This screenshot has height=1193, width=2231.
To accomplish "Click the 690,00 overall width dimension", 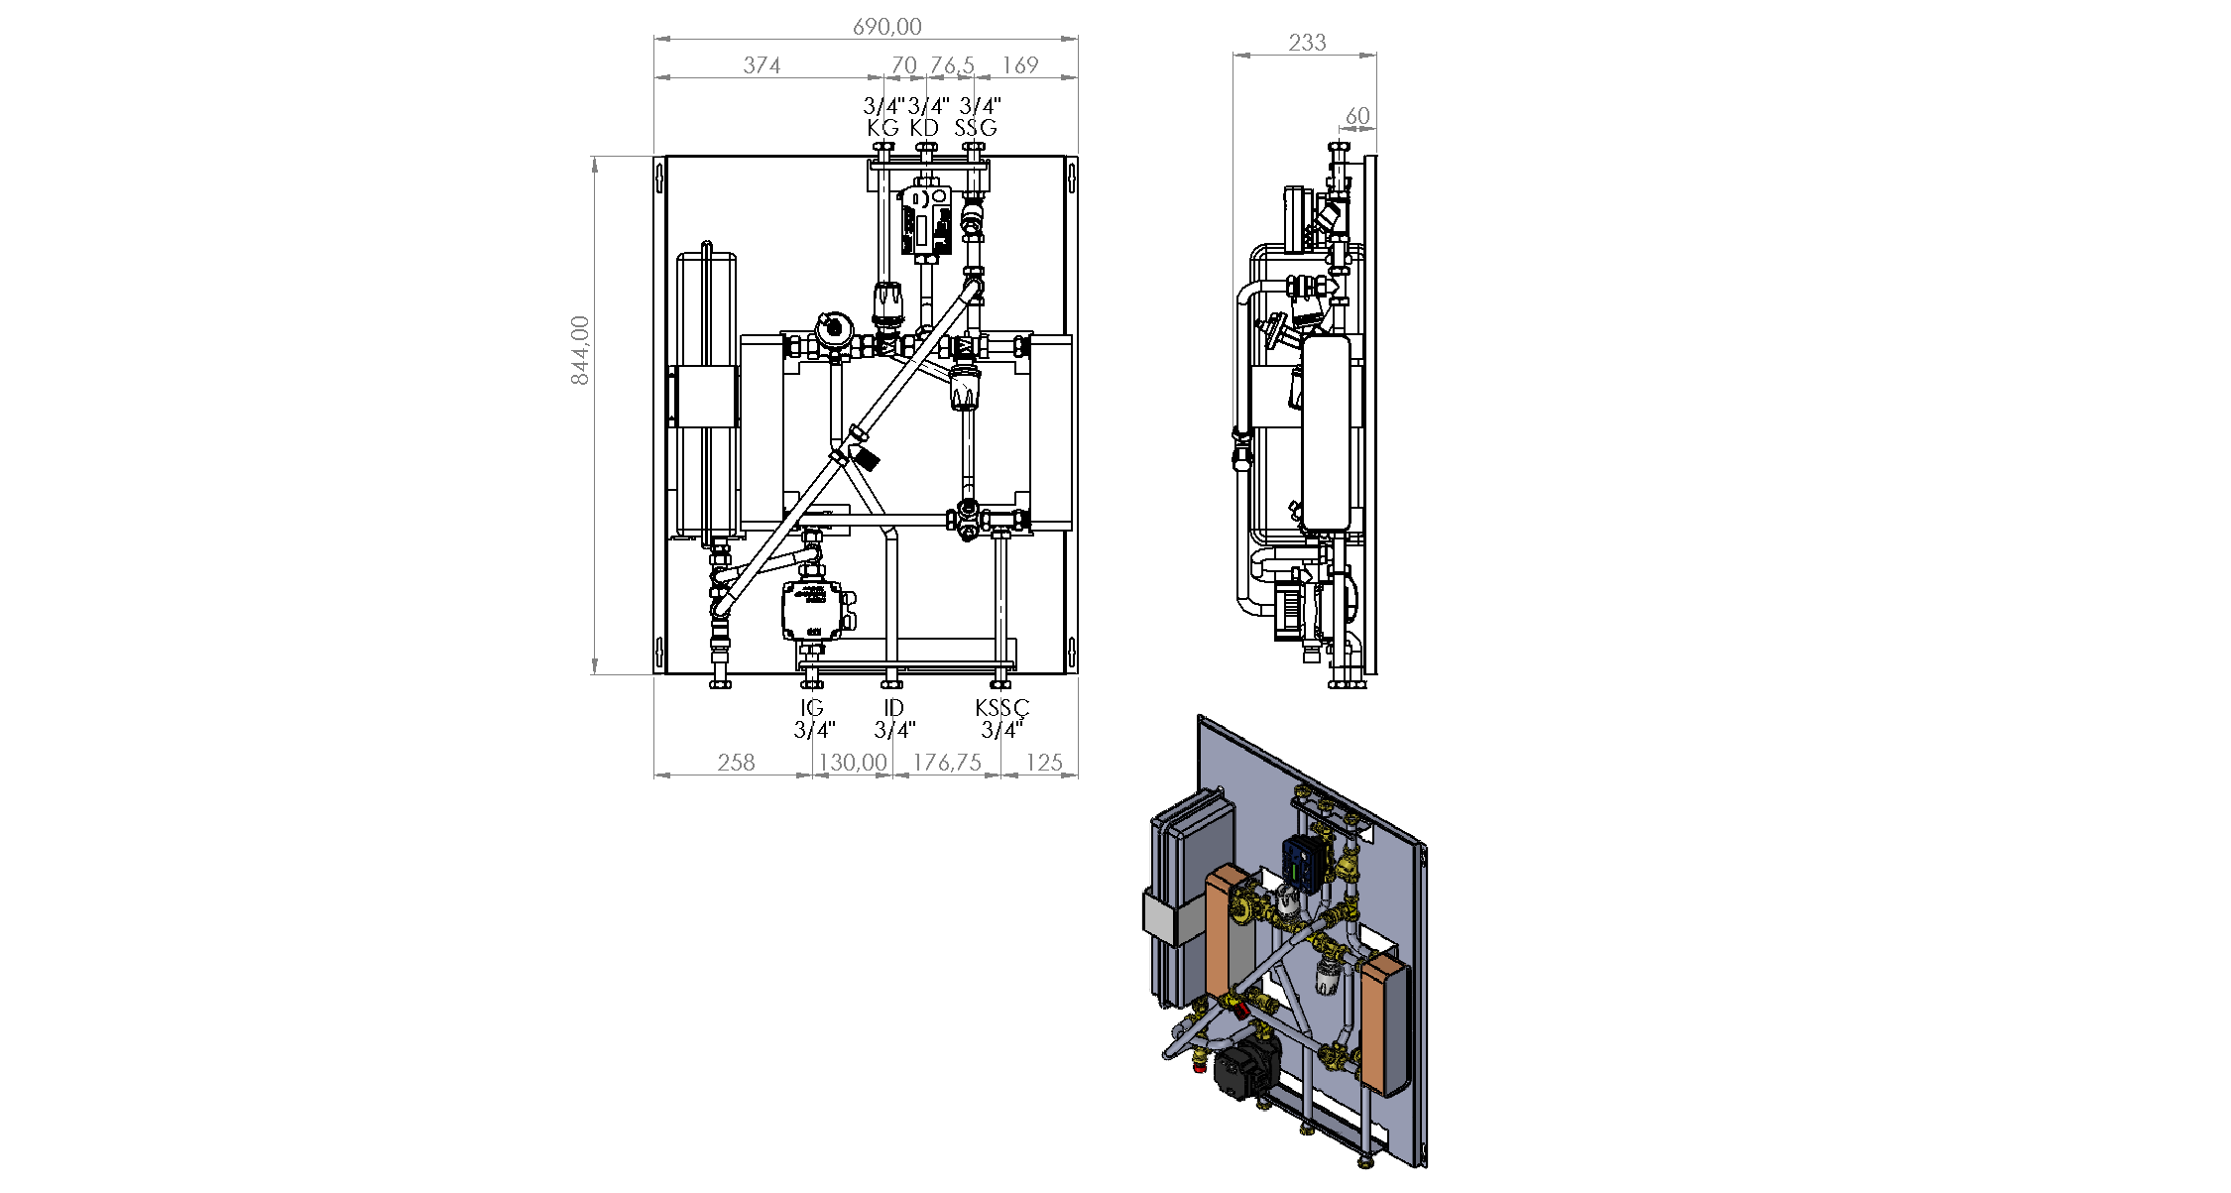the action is [x=887, y=27].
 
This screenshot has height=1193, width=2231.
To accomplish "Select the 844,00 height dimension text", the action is [x=580, y=350].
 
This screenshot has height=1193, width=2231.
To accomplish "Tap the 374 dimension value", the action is [x=762, y=65].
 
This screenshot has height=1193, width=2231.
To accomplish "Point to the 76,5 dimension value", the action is [x=952, y=65].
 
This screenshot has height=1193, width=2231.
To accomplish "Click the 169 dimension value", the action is [x=1020, y=65].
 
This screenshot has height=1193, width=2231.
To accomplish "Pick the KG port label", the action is [x=882, y=128].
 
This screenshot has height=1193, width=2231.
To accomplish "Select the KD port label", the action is [x=924, y=128].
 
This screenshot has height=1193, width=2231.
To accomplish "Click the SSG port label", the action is [x=976, y=128].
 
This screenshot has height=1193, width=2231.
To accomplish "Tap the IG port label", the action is [x=812, y=708].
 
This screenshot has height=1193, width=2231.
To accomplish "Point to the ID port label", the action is [x=893, y=708].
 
